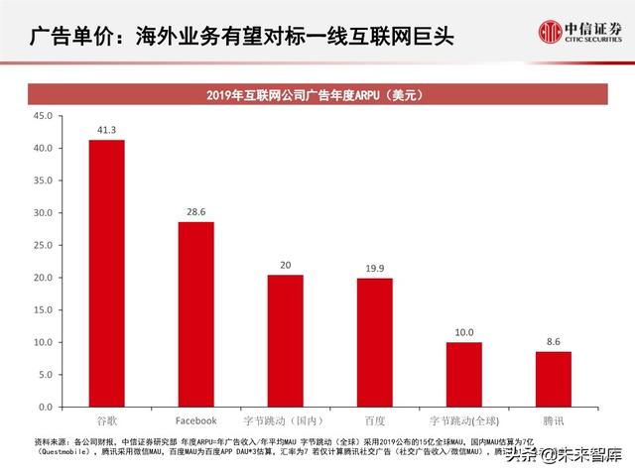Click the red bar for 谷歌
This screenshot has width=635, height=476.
point(106,273)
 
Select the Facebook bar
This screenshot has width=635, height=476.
point(195,313)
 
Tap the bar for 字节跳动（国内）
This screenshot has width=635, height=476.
point(285,340)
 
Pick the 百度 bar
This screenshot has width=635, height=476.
point(374,342)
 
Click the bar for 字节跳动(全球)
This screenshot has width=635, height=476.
point(463,374)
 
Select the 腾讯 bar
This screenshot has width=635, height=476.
point(553,379)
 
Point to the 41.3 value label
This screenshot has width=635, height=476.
point(107,130)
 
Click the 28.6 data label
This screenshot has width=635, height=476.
point(195,212)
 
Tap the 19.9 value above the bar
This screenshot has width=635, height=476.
point(374,268)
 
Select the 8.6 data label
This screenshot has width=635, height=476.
point(553,341)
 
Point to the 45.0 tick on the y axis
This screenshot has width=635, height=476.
point(44,116)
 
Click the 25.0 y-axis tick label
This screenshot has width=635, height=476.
point(44,245)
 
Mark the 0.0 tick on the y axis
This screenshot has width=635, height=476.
point(47,407)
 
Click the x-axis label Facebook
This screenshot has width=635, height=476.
point(195,420)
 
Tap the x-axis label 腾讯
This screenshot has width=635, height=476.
point(553,420)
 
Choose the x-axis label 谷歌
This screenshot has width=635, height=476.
point(106,420)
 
